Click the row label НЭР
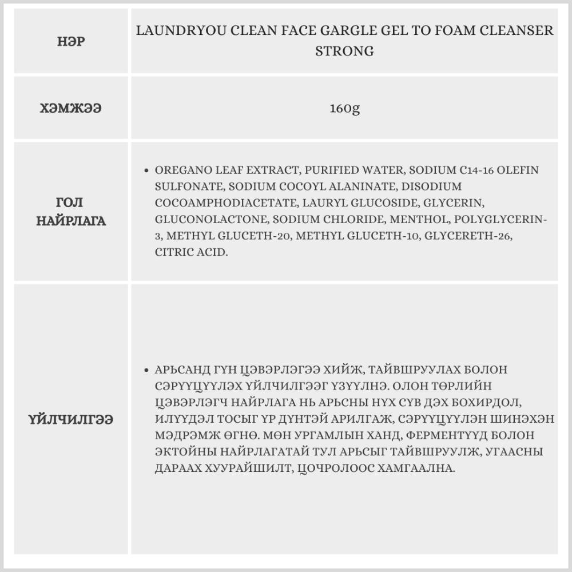(71, 42)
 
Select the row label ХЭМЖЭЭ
(71, 108)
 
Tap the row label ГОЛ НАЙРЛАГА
(71, 212)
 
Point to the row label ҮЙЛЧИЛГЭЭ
(71, 419)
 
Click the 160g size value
(344, 108)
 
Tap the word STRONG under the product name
(344, 51)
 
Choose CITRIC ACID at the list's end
(190, 252)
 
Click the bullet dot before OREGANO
(147, 170)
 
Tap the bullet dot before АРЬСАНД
(147, 370)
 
